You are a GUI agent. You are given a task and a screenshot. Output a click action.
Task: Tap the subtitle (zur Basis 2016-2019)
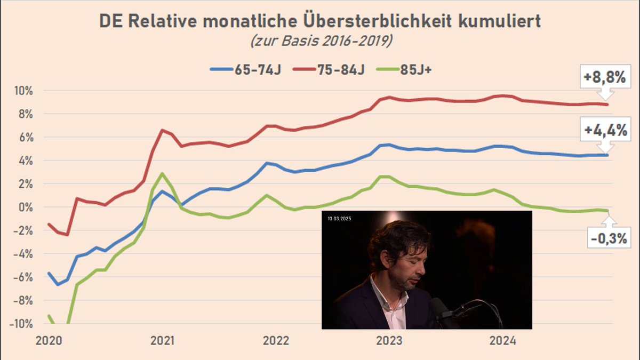322,41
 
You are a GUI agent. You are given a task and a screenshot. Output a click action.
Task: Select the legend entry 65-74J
246,70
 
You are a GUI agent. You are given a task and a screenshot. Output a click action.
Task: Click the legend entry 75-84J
329,70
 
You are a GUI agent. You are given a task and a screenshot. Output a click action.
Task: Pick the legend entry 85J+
404,70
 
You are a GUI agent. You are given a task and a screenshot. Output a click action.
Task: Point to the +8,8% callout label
605,77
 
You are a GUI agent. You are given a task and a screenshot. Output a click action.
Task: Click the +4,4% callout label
605,130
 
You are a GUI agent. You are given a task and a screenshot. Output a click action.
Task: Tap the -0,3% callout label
609,238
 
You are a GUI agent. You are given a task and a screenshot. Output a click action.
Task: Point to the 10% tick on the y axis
23,91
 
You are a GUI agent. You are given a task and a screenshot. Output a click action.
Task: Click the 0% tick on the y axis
26,207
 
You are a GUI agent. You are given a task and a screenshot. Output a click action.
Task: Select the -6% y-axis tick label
23,277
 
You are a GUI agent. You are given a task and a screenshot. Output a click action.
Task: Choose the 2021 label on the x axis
162,341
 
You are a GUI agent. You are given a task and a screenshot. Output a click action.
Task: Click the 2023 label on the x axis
389,341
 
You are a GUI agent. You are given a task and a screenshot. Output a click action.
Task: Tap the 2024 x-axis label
503,341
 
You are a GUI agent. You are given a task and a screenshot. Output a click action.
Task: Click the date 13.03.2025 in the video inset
339,219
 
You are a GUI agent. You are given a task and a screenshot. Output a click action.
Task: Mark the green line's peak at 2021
162,173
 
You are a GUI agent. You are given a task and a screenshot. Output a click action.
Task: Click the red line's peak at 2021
162,130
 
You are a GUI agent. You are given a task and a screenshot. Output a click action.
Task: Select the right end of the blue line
607,155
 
